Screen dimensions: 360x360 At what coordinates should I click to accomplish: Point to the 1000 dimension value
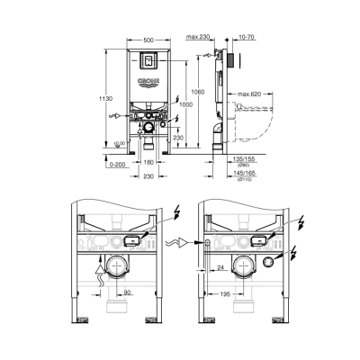(187, 104)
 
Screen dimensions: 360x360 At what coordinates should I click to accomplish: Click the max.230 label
(199, 36)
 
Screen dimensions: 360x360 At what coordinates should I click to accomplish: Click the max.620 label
(251, 94)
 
